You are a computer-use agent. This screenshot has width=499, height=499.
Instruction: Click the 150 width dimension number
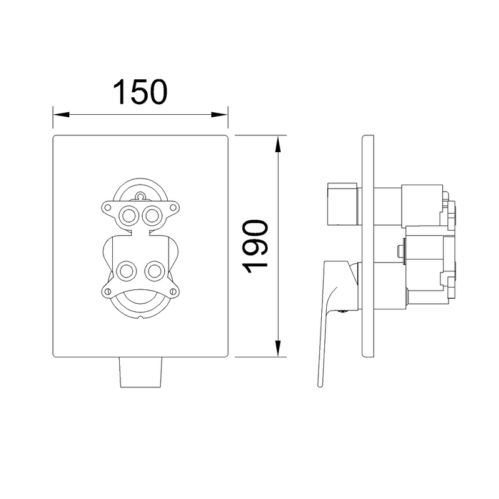[140, 92]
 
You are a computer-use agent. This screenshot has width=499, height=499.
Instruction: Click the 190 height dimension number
[255, 246]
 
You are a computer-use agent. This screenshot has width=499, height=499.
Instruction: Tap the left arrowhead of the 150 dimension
[61, 114]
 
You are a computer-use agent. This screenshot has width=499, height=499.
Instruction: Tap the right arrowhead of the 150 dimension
[220, 114]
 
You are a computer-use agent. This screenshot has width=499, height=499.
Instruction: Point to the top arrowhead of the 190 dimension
[278, 144]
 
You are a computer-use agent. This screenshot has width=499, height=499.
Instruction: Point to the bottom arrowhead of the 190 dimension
[278, 348]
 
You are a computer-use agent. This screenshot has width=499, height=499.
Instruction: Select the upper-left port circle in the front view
[129, 216]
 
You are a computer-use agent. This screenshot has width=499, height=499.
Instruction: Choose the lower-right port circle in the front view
[155, 271]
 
